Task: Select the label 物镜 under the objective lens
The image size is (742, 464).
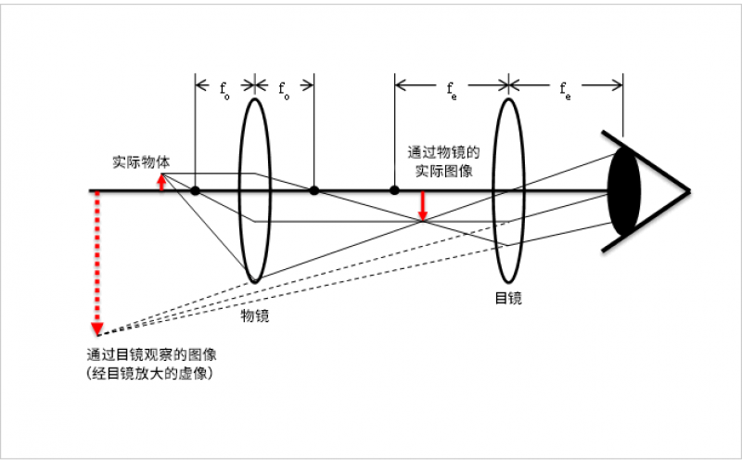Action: coord(256,316)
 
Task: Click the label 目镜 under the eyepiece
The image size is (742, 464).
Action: coord(507,298)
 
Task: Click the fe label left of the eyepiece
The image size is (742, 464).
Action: coord(451,91)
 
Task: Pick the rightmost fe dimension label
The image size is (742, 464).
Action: coord(565,91)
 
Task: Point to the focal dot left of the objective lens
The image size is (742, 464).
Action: coord(196,190)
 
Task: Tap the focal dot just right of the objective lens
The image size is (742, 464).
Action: coord(314,190)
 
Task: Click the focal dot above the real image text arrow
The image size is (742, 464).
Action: coord(394,190)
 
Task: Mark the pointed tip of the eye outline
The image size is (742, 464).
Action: coord(689,191)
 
